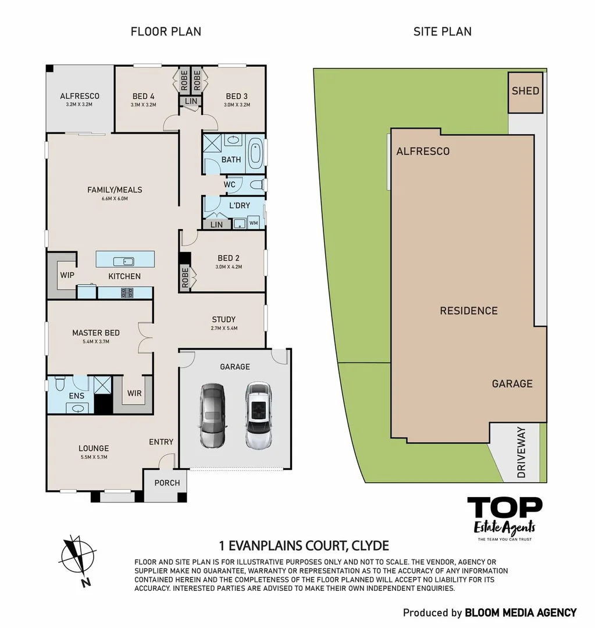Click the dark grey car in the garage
pos(212,415)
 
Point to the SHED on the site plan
pos(525,92)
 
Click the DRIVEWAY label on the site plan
pos(521,452)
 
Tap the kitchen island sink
pos(124,261)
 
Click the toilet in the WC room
pos(256,185)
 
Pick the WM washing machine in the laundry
pos(254,223)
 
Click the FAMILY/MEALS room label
pos(115,190)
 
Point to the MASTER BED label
pos(96,333)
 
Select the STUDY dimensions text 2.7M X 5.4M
pos(223,329)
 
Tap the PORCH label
pos(167,483)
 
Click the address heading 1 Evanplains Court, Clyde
pos(304,546)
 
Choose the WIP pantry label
pos(67,274)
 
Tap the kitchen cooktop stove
pos(126,292)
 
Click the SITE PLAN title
pos(442,31)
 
